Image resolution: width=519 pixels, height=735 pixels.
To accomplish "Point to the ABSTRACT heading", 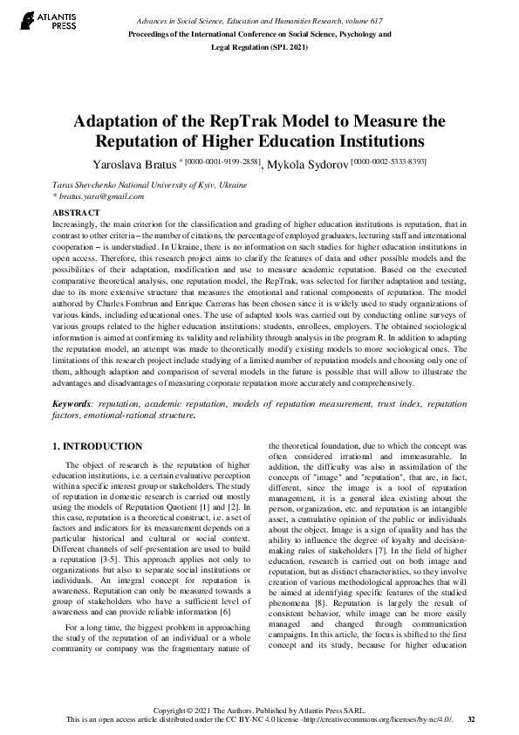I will [76, 213].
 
